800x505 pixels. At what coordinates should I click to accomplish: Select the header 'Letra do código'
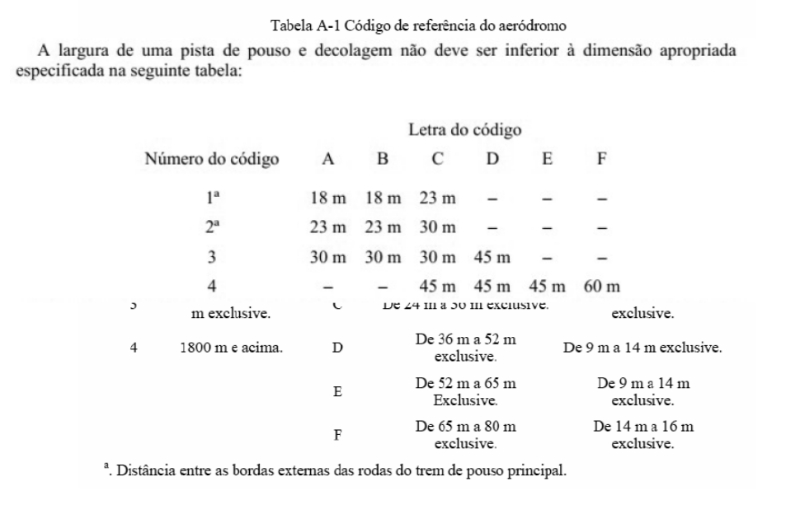coord(464,130)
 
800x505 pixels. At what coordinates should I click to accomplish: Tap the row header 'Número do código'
coord(212,159)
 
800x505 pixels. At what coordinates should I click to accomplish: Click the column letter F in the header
coord(601,159)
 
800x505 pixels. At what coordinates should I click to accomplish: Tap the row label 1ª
coord(212,198)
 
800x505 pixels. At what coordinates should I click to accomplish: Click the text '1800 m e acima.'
coord(231,348)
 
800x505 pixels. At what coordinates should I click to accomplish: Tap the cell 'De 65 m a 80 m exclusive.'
coord(466,435)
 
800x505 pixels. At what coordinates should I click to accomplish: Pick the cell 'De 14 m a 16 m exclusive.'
coord(643,435)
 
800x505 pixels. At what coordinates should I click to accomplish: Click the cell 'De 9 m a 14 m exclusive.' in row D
coord(643,348)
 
